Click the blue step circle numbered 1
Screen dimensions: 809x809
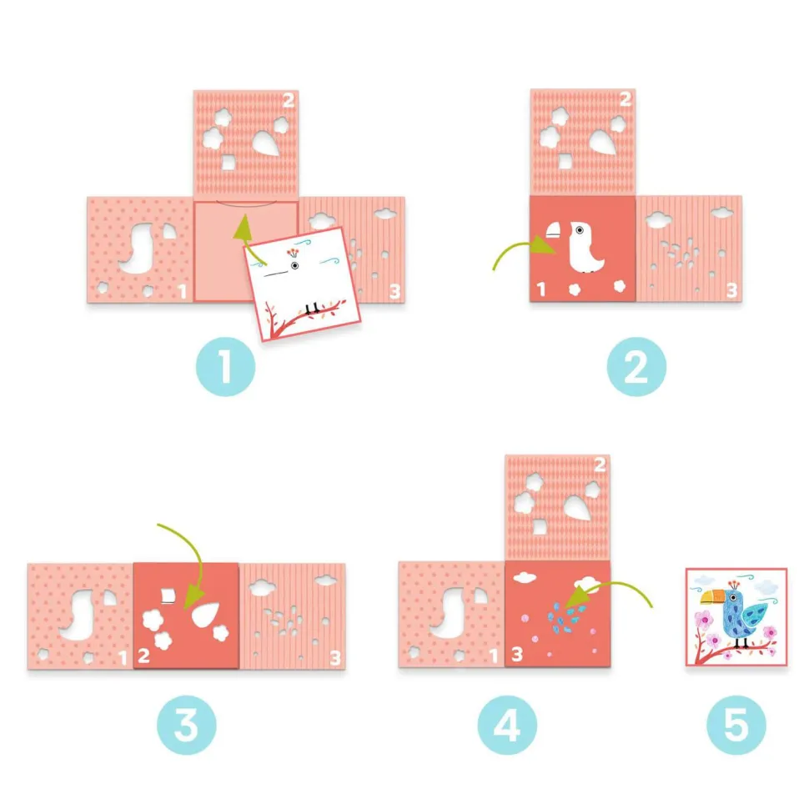pos(225,367)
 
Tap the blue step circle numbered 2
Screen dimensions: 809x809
pos(636,367)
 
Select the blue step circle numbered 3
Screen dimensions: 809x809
pos(187,725)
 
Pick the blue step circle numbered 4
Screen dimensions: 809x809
pos(507,725)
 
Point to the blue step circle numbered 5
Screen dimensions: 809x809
pos(736,725)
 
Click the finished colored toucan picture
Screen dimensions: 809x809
pos(736,617)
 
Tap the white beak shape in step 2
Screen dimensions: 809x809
pos(554,230)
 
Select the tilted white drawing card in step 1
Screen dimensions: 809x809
pos(303,284)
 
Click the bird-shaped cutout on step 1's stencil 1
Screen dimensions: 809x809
pos(138,249)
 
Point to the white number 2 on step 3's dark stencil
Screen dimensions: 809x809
pos(144,656)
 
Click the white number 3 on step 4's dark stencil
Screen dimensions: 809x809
pos(517,654)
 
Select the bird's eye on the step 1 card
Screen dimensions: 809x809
pos(294,266)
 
